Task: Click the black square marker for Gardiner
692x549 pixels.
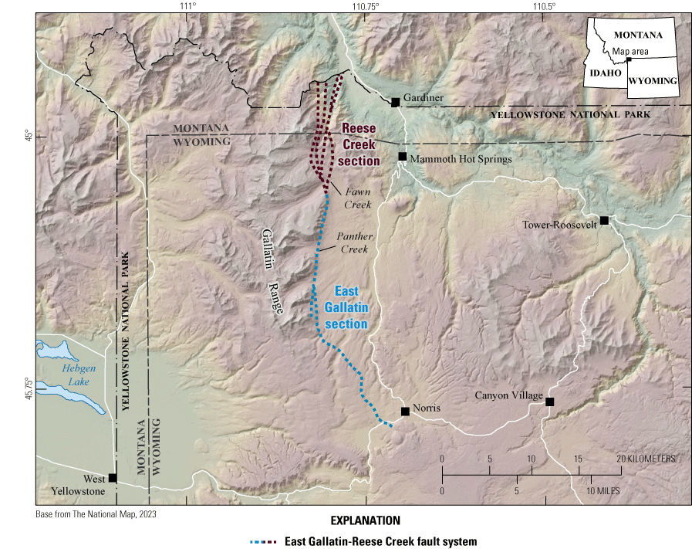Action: pos(395,102)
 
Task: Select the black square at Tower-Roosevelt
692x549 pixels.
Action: pos(604,221)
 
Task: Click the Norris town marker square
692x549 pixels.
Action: pos(405,412)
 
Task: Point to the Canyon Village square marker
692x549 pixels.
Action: pos(549,402)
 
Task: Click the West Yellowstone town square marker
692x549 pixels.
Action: pos(113,478)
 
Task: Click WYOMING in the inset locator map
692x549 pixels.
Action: pos(652,81)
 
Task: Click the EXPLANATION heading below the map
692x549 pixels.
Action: pos(364,520)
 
